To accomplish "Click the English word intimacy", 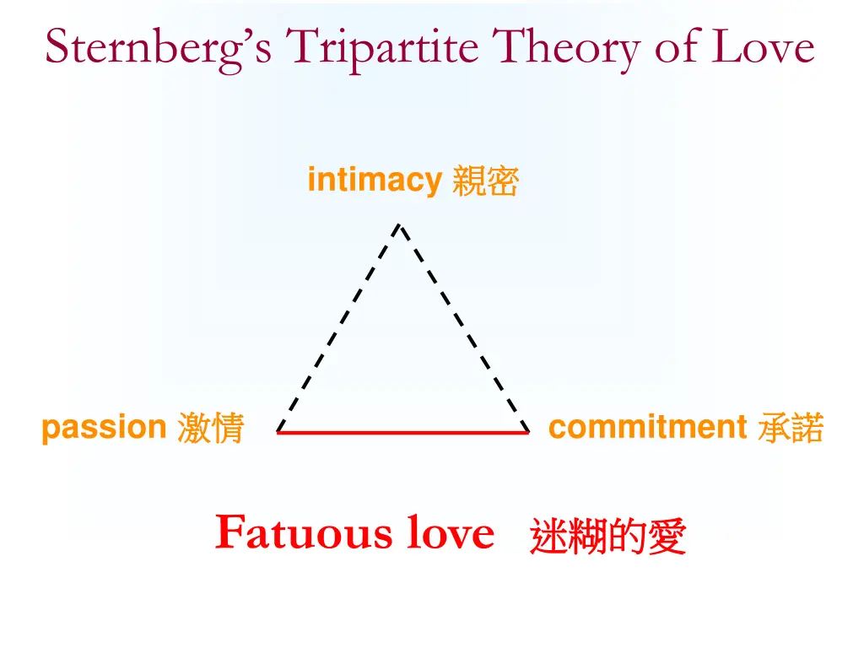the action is tap(375, 180).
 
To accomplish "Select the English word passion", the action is tap(104, 428).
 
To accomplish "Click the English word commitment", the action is tap(647, 427).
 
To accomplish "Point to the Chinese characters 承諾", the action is tap(791, 429).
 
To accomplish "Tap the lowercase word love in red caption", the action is tap(451, 532).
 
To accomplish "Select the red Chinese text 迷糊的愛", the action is tap(607, 537).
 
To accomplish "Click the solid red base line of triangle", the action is tap(403, 432).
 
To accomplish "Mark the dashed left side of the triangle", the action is tap(338, 328).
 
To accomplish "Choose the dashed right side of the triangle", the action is tap(464, 328).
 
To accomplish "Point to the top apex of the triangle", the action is tap(400, 225).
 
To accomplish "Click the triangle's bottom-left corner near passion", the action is tap(278, 431).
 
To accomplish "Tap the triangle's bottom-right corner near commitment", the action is tap(527, 431).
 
